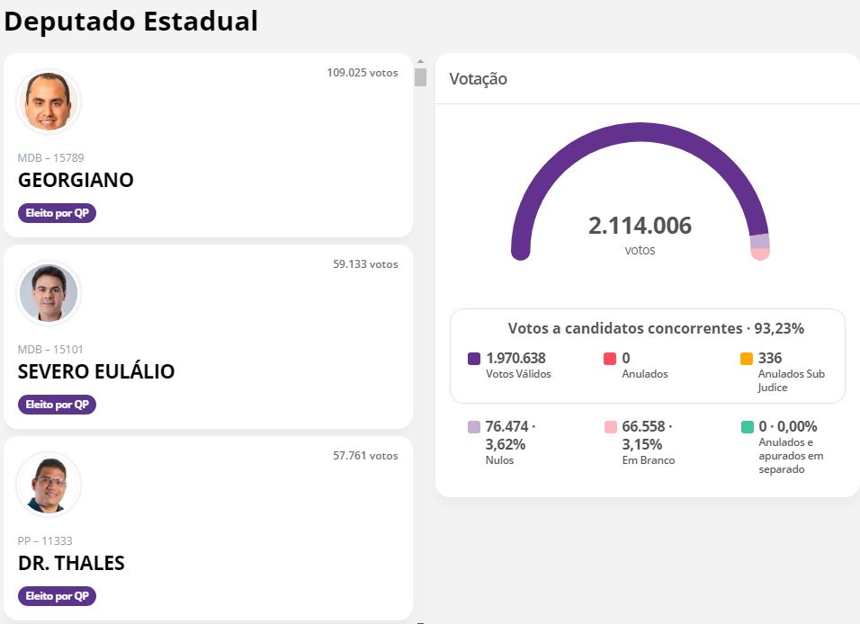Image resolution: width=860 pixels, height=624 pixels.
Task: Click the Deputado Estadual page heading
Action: (x=130, y=22)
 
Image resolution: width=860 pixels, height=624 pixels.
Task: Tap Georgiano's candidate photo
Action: (x=49, y=102)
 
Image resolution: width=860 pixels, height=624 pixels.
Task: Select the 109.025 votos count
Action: (x=363, y=72)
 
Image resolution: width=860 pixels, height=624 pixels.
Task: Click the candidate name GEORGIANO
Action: (x=76, y=180)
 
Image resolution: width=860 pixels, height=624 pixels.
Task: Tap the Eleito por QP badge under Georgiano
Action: (x=57, y=213)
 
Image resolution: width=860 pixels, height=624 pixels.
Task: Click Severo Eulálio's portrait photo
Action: (x=49, y=293)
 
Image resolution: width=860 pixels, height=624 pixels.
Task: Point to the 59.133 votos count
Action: (x=365, y=263)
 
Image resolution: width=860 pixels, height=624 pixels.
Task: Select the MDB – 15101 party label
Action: (x=50, y=349)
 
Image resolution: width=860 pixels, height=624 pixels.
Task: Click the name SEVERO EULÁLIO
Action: (x=96, y=371)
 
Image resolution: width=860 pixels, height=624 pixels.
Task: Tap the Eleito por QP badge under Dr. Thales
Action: (x=57, y=596)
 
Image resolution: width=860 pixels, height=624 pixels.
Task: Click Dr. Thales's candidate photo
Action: (x=49, y=485)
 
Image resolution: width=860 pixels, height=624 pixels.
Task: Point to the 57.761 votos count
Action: (x=365, y=456)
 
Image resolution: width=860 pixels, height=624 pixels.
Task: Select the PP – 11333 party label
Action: (x=45, y=540)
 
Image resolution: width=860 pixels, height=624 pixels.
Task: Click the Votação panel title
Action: (x=479, y=79)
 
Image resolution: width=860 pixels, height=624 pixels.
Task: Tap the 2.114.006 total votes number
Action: (x=641, y=226)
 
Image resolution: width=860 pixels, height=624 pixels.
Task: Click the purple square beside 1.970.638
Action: (x=474, y=359)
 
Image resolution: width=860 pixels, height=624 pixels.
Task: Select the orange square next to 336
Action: (x=747, y=359)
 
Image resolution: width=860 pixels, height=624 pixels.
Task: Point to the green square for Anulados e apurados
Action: (x=747, y=426)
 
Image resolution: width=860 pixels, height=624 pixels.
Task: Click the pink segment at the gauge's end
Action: (x=760, y=254)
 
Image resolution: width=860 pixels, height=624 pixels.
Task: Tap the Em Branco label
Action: (x=649, y=460)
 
